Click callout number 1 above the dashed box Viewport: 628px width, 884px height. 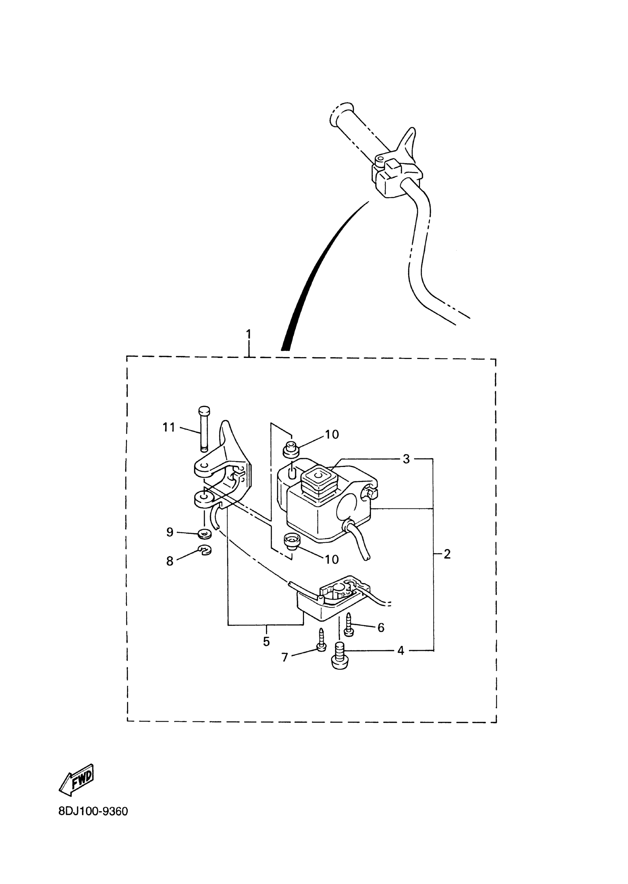[248, 334]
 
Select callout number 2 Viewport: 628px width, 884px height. [447, 554]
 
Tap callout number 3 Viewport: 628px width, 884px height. [406, 459]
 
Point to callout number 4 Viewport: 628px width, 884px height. [400, 651]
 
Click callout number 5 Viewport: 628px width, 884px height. [266, 642]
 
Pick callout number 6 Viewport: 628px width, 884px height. [381, 628]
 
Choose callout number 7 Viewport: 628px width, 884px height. [284, 657]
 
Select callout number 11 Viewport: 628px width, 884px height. [168, 427]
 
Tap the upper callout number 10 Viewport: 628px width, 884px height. [332, 435]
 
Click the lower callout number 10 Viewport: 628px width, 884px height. [332, 559]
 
